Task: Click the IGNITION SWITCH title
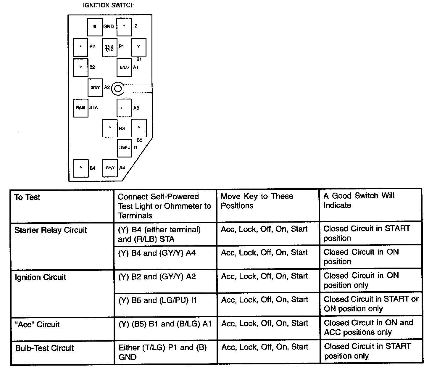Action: coord(109,5)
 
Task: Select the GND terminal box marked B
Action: coord(95,27)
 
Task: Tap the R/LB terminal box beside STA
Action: coord(80,108)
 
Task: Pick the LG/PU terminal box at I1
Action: coord(125,148)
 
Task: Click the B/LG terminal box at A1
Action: coord(124,67)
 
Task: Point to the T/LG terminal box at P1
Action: coord(109,47)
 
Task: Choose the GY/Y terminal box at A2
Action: coord(95,88)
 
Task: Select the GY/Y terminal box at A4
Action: coord(110,168)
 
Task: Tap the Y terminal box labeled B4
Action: coord(81,168)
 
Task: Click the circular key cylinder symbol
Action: coord(118,88)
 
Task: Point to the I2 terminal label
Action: coord(135,26)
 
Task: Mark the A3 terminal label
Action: coord(136,108)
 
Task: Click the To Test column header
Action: coord(27,197)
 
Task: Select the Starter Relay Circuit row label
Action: coord(51,230)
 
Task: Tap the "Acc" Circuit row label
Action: coord(37,324)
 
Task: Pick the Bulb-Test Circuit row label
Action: coord(44,348)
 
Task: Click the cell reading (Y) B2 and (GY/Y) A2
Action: coord(157,277)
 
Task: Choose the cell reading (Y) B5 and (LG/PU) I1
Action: coord(158,300)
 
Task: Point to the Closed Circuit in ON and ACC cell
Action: coord(368,327)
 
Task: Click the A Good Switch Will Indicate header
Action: coord(359,200)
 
